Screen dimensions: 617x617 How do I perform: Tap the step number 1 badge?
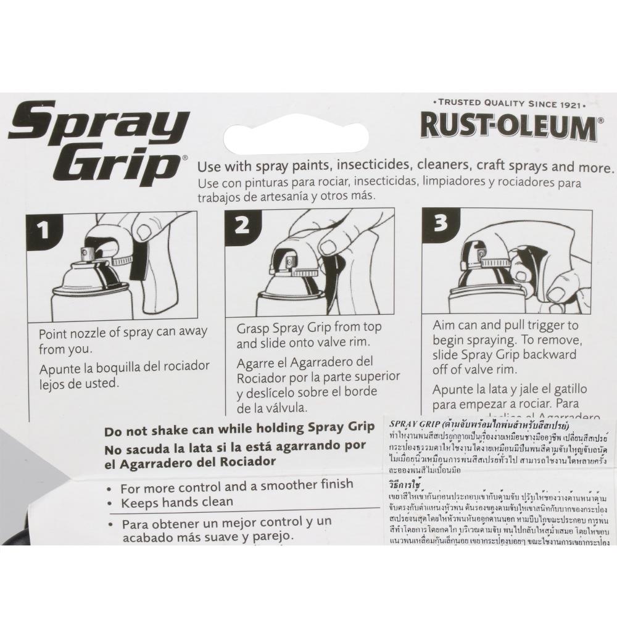pyautogui.click(x=43, y=231)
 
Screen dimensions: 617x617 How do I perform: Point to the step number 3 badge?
pyautogui.click(x=440, y=223)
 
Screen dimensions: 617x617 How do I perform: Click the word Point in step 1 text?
pyautogui.click(x=54, y=333)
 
